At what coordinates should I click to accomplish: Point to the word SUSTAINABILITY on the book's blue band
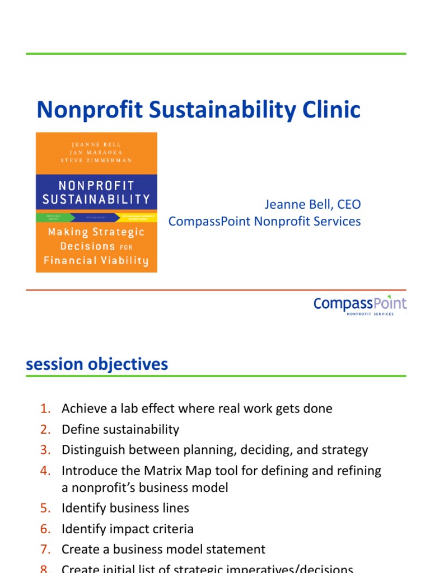tap(96, 199)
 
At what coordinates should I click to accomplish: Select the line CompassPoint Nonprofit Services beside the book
tap(264, 222)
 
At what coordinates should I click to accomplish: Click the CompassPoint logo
tap(359, 305)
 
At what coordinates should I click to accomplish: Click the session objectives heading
tap(97, 364)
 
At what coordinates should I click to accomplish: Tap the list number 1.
tap(45, 409)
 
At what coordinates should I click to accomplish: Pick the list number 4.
tap(45, 471)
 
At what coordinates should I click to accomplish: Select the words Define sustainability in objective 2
tap(120, 430)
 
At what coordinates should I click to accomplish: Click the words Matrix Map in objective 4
tap(171, 471)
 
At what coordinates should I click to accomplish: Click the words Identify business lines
tap(125, 509)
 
